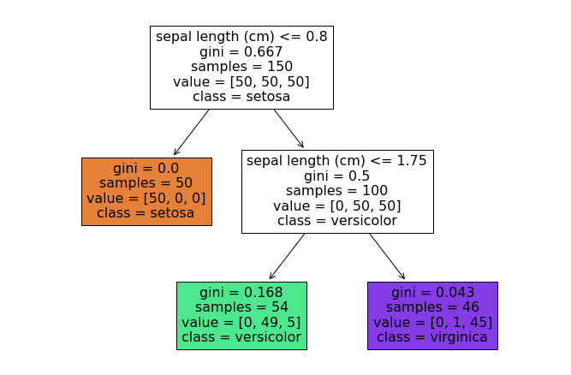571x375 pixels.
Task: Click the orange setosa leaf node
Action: [146, 191]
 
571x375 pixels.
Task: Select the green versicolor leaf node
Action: [241, 315]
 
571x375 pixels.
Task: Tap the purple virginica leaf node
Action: [432, 315]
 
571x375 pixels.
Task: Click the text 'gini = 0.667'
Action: [241, 51]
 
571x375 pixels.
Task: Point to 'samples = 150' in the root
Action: [241, 67]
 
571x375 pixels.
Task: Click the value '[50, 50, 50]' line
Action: [241, 82]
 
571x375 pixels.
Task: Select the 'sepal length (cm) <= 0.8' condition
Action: [241, 37]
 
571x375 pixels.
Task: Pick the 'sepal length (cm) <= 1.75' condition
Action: [337, 161]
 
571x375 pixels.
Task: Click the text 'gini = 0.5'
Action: [337, 176]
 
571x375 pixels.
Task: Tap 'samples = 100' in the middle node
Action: [337, 191]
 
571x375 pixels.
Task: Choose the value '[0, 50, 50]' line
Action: [337, 206]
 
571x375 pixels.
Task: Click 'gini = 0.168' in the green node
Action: [241, 293]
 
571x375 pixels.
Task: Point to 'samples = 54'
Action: [241, 307]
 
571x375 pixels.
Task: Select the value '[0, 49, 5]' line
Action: [241, 323]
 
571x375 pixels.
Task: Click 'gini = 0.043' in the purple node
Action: [432, 293]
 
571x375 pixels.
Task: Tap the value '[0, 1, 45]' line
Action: [432, 323]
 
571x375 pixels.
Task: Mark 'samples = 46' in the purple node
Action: [432, 307]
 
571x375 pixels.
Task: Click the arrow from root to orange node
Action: [192, 132]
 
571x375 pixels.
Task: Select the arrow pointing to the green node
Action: [287, 257]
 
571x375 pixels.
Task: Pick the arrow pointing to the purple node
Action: [387, 257]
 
